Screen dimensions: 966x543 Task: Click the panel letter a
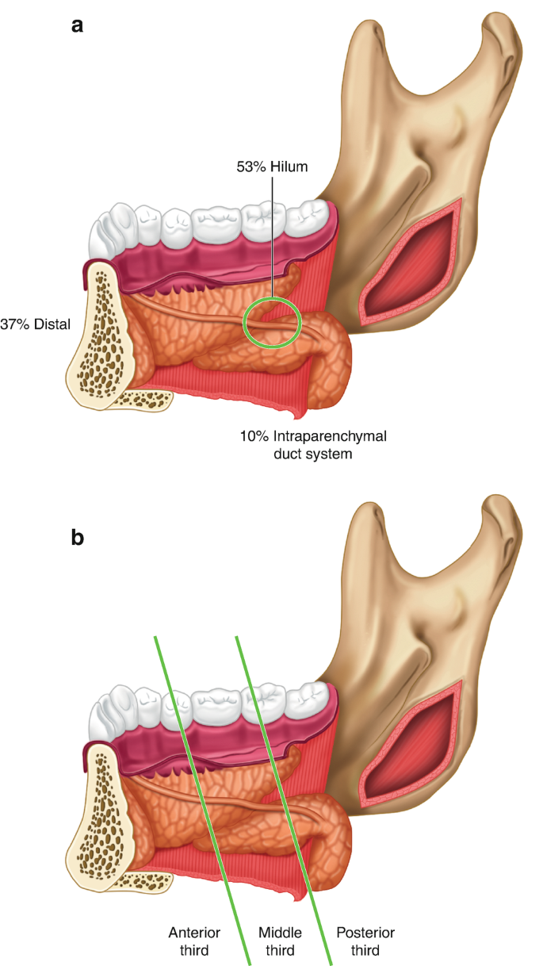[x=77, y=25]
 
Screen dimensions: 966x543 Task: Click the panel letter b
[x=78, y=538]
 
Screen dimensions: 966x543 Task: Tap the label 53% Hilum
[x=271, y=167]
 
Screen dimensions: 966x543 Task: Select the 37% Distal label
[x=36, y=323]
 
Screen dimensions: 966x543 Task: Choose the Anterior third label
[x=194, y=941]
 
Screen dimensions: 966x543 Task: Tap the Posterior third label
[x=365, y=941]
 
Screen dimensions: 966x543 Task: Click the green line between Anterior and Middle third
[x=202, y=793]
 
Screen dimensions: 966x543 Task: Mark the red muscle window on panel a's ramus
[x=410, y=262]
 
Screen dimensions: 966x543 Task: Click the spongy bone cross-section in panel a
[x=101, y=333]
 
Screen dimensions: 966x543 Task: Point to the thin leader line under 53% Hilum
[x=272, y=238]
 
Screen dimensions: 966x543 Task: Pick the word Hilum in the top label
[x=289, y=167]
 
